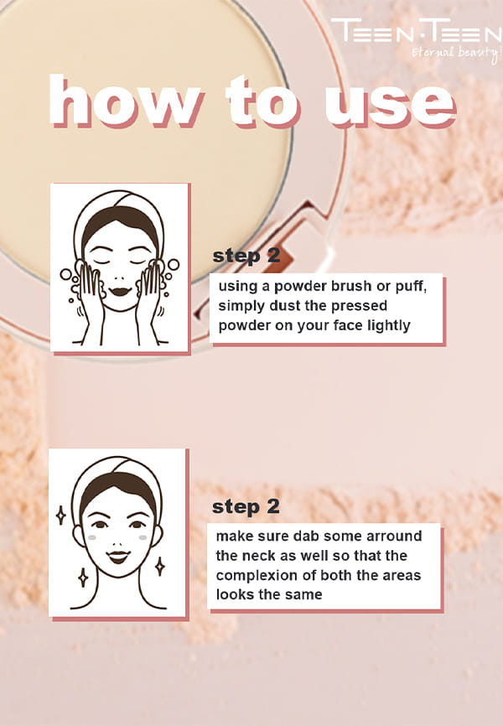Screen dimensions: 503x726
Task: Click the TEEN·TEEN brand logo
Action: pos(417,31)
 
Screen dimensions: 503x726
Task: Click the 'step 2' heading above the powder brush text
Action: pos(246,256)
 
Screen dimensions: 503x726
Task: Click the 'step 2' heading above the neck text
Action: pos(246,507)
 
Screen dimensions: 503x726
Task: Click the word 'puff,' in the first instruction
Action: pos(411,287)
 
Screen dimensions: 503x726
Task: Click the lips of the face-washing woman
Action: pos(121,292)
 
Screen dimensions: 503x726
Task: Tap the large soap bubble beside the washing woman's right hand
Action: pos(174,264)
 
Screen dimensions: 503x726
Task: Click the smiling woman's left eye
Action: pos(137,525)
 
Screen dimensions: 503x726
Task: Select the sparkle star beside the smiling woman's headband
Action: pos(60,516)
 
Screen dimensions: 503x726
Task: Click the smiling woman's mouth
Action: pos(118,556)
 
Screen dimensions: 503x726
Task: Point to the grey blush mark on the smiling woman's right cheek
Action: pos(92,538)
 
